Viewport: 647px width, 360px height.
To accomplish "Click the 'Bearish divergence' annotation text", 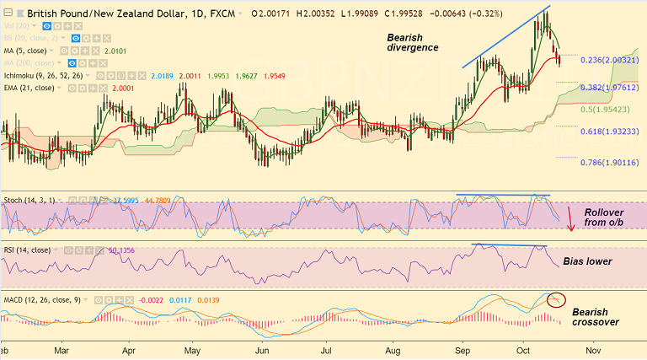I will [412, 42].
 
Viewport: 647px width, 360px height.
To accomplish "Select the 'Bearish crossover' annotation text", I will [596, 317].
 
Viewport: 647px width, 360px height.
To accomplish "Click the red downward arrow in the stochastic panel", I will [570, 218].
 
